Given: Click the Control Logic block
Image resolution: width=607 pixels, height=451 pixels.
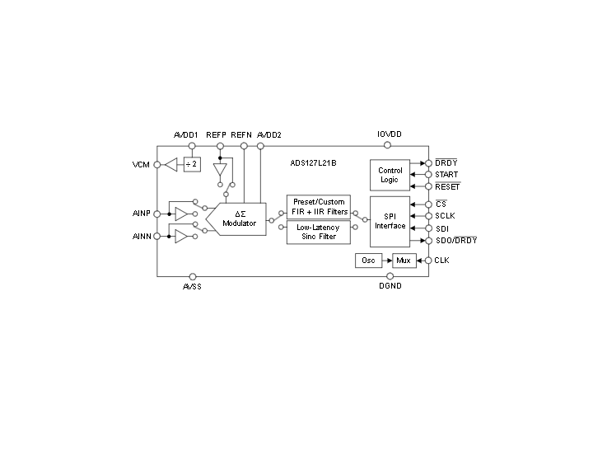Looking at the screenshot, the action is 390,175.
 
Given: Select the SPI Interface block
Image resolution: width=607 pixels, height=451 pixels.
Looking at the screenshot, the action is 390,222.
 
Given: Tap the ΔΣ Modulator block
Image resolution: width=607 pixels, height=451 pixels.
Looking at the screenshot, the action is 236,219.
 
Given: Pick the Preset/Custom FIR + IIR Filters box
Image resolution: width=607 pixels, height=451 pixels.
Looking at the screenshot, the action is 319,207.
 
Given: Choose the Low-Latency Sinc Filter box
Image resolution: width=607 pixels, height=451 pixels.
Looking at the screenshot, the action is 319,232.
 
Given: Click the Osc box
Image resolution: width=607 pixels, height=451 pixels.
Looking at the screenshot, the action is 368,261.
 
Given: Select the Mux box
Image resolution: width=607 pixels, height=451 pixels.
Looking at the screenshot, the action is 404,261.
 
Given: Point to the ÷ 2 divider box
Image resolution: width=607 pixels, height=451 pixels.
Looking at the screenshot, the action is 192,164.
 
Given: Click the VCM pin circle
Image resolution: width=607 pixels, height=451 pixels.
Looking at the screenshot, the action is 157,165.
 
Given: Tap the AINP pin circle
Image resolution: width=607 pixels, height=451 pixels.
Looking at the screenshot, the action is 157,214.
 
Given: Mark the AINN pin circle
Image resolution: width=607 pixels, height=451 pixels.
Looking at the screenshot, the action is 157,236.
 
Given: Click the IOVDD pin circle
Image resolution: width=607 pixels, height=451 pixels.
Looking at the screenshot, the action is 387,145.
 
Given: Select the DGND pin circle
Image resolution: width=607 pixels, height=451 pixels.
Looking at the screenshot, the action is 390,276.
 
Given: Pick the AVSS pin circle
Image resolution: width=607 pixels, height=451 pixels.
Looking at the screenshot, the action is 193,277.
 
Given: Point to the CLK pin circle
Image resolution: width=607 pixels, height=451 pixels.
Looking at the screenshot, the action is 428,261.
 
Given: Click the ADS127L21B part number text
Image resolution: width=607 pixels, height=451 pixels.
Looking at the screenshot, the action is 313,163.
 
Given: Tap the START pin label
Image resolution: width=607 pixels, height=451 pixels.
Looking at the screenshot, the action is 446,175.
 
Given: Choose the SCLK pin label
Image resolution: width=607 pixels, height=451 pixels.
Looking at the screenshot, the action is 446,216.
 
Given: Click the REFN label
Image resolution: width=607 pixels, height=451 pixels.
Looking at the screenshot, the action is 241,135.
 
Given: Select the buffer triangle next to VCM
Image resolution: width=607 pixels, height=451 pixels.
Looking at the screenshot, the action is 171,165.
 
